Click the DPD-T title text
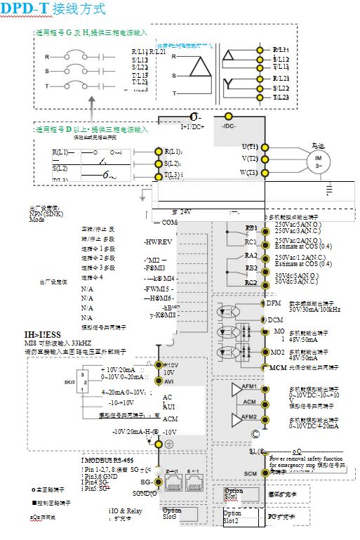[24, 9]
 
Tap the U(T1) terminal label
[250, 146]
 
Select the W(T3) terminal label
[249, 172]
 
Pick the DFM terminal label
[274, 303]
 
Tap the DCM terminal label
[274, 320]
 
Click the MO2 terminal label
[279, 351]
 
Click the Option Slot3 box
[171, 513]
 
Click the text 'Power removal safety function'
[306, 459]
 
